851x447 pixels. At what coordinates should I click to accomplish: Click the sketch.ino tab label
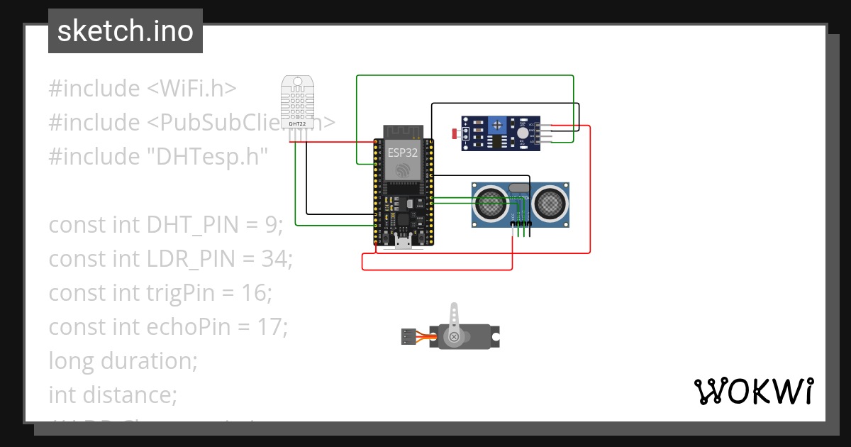[x=125, y=31]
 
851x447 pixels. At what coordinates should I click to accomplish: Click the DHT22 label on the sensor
[x=297, y=123]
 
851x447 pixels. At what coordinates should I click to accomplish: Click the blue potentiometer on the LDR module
[x=499, y=125]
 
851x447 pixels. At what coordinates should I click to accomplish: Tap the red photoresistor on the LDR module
[x=455, y=133]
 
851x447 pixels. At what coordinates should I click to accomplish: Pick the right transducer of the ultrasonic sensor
[x=550, y=204]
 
